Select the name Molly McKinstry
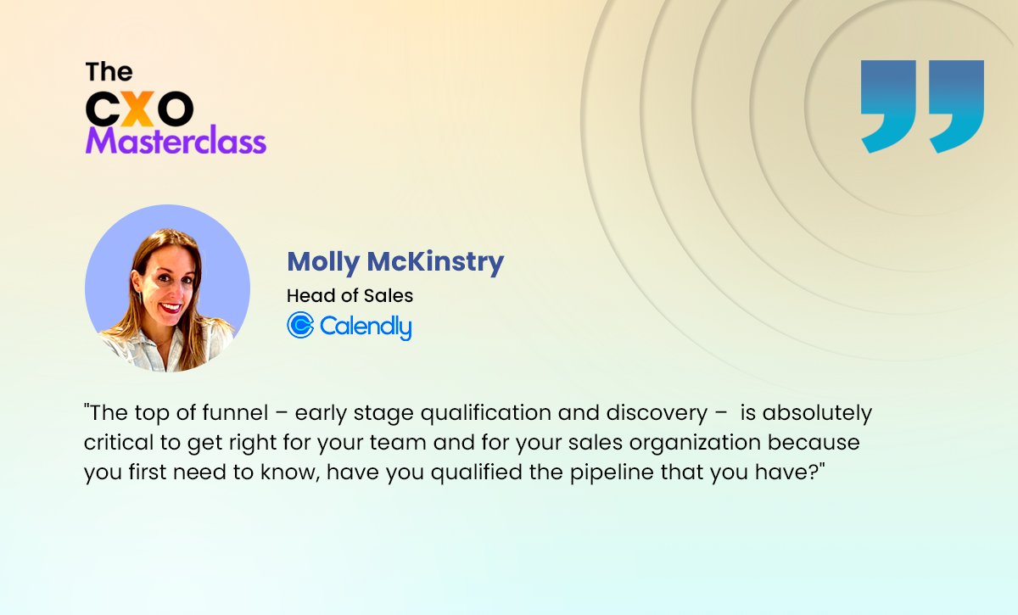tap(395, 262)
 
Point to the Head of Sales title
tap(350, 296)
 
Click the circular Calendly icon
tap(300, 325)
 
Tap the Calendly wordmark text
tap(366, 327)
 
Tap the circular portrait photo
tap(167, 288)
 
